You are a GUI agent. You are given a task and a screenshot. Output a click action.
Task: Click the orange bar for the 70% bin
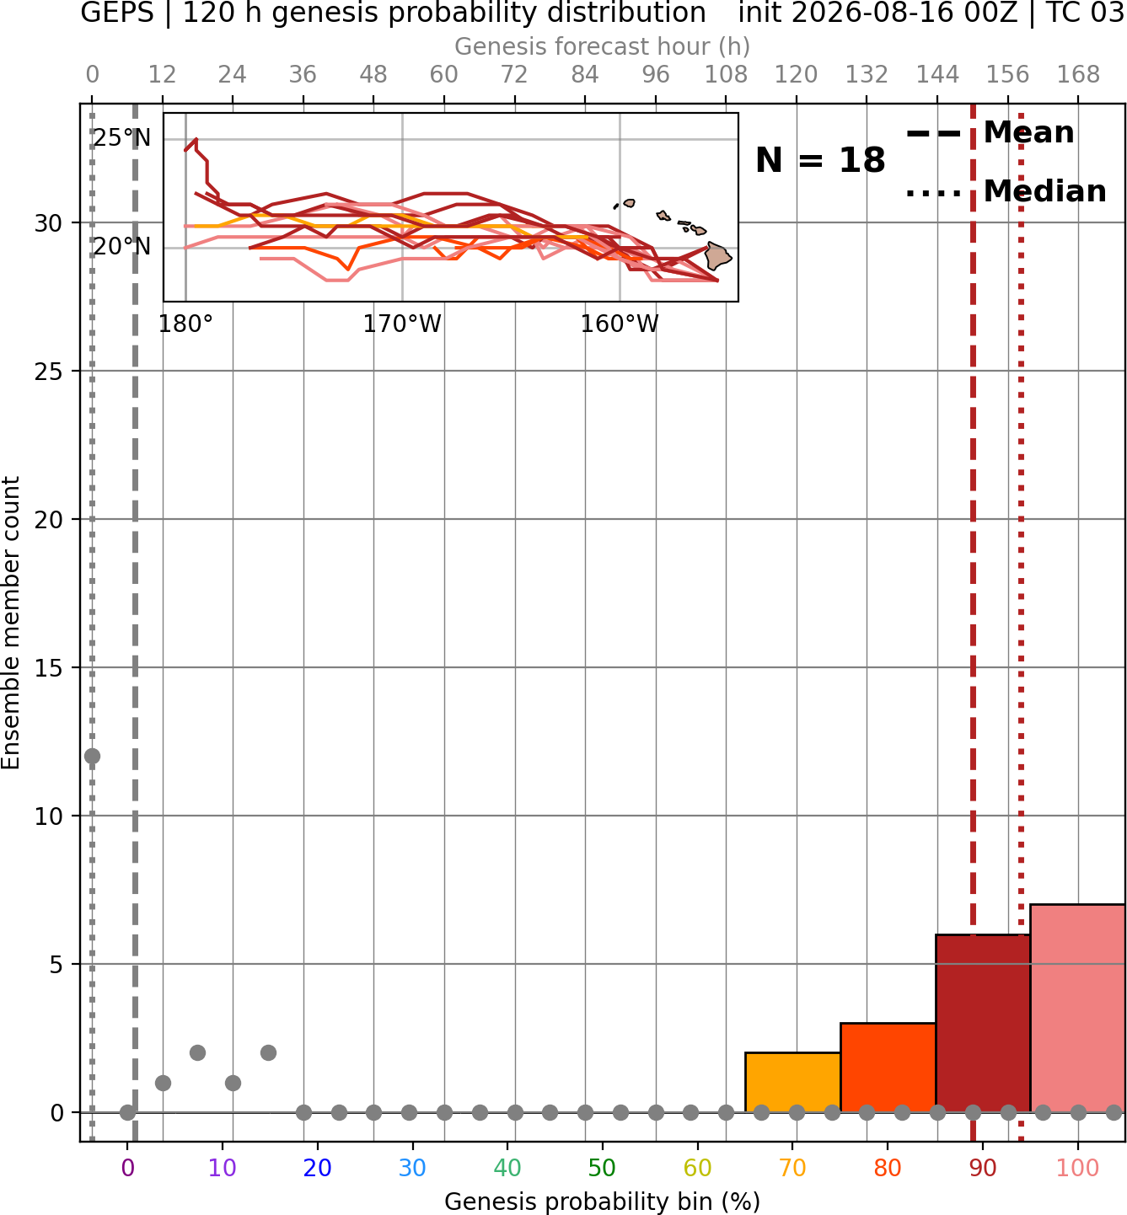coord(792,1082)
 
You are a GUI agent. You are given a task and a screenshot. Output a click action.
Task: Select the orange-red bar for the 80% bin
coord(888,1068)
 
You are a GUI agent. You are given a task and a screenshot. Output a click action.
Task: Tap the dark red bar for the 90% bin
coord(983,1024)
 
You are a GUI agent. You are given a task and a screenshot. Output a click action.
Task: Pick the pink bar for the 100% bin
coord(1078,1009)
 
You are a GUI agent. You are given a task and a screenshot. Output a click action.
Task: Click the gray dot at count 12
coord(92,756)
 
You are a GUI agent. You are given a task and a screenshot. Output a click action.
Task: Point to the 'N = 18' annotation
coord(820,160)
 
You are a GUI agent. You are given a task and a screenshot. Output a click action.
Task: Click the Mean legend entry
coord(990,133)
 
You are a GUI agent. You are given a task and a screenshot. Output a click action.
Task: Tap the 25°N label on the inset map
coord(122,138)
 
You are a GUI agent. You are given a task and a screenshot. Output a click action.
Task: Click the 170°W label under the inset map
coord(402,324)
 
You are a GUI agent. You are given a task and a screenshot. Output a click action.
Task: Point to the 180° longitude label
coord(185,324)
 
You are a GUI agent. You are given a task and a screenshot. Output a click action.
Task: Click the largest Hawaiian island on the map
coord(718,256)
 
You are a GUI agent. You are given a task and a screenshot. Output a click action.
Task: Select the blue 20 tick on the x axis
coord(317,1168)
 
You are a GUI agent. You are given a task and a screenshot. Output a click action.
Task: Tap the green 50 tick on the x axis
coord(602,1168)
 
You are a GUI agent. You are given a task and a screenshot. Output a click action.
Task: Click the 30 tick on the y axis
coord(48,223)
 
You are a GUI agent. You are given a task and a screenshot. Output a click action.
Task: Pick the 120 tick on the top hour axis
coord(796,75)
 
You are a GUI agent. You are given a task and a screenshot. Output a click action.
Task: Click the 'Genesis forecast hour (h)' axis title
coord(603,46)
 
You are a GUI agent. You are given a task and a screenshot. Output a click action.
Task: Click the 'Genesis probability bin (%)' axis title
coord(603,1202)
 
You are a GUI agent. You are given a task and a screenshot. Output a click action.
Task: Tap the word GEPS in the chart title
coord(117,13)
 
